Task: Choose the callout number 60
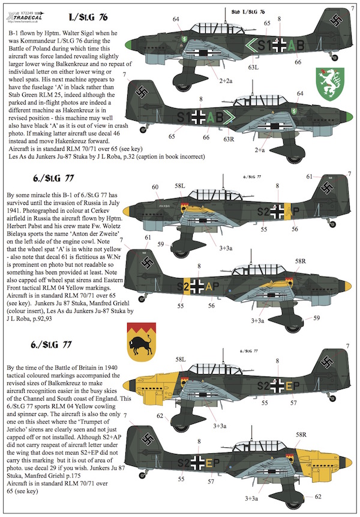point(156,187)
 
